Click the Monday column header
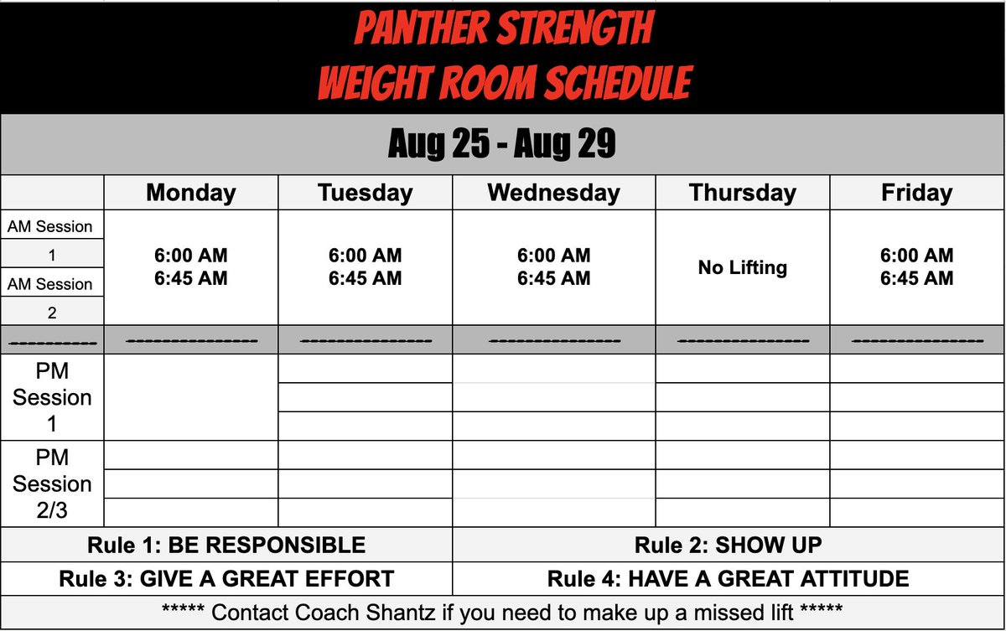tap(191, 193)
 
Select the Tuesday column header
tap(366, 193)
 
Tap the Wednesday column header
tap(554, 193)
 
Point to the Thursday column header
tap(743, 193)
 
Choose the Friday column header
tap(916, 193)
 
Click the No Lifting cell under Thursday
tap(743, 268)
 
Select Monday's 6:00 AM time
tap(191, 256)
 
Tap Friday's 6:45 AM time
tap(916, 278)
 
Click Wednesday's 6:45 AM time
tap(554, 278)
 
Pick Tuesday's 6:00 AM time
tap(366, 256)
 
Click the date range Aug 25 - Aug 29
tap(502, 145)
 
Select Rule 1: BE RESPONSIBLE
tap(226, 546)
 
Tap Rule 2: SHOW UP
tap(729, 546)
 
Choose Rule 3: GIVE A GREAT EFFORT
tap(226, 578)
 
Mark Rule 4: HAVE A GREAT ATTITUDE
tap(729, 578)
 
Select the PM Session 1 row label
tap(52, 396)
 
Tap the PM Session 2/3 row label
tap(52, 484)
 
